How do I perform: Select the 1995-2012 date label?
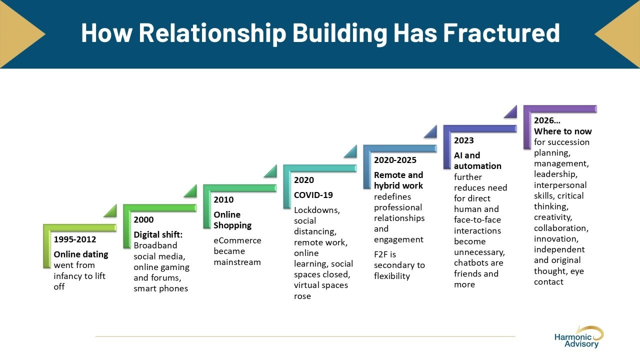75,239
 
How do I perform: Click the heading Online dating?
80,254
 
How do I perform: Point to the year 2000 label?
143,219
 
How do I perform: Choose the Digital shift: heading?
158,234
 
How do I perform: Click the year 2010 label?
223,199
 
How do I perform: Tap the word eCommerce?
237,240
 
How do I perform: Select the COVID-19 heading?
313,195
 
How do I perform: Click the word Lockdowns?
316,210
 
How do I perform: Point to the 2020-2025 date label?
395,160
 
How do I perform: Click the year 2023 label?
463,140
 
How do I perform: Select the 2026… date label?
547,120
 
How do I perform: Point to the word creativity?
552,217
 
